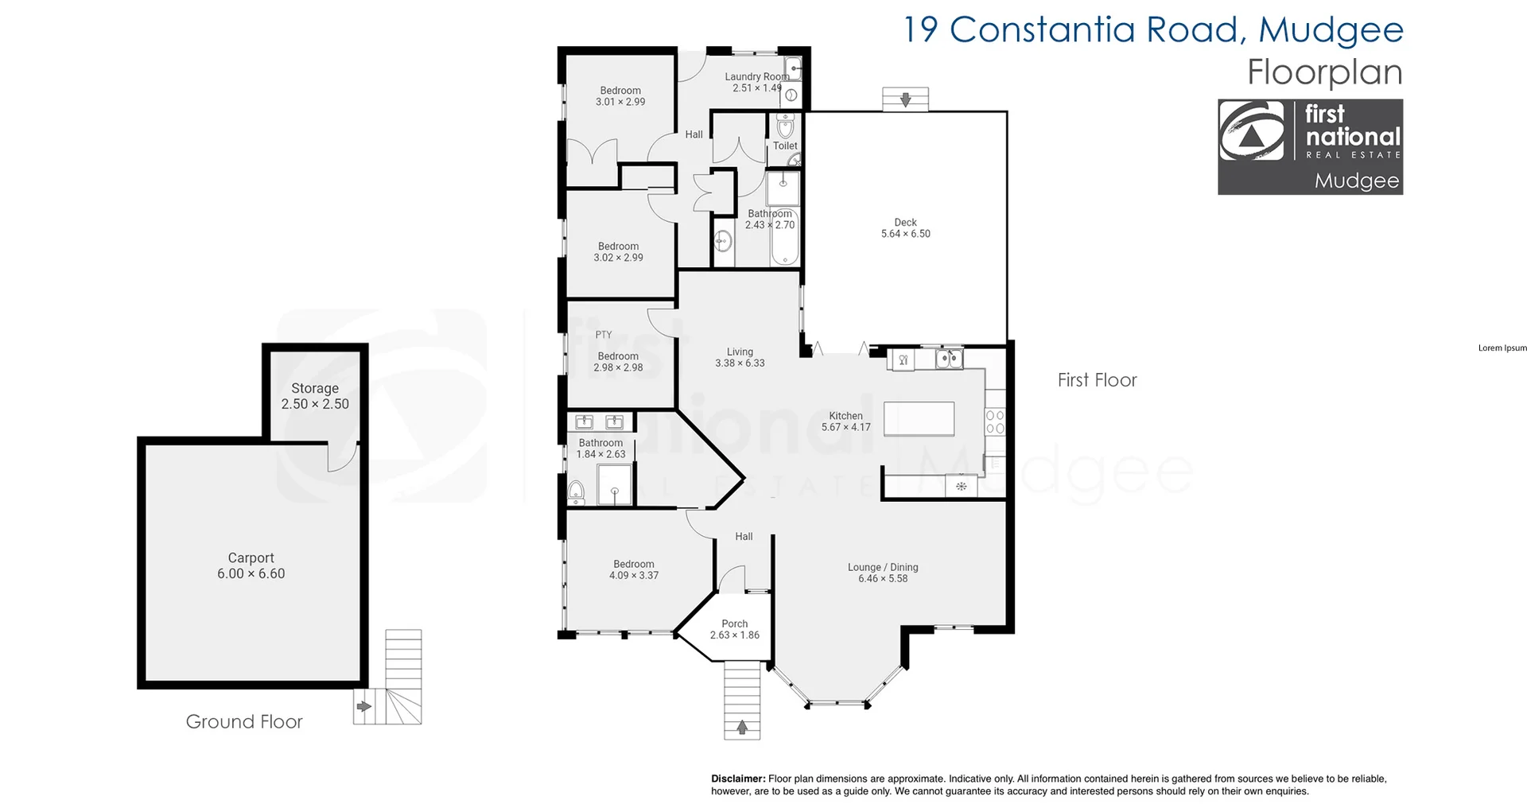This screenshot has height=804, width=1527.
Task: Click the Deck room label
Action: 905,223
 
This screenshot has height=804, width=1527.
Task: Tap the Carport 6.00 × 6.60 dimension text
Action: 251,573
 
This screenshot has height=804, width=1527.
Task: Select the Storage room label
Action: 314,388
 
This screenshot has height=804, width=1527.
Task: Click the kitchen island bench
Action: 919,419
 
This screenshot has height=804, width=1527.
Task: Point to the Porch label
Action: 734,623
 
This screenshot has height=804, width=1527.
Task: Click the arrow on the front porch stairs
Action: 742,726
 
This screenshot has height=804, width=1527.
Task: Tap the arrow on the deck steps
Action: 905,99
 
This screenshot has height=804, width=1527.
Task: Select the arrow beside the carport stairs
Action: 363,706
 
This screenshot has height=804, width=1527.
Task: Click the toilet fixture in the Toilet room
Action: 785,126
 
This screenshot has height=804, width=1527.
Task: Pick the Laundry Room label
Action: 756,77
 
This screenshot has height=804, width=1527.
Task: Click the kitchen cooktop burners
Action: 995,421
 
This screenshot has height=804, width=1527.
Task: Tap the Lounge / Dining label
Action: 882,567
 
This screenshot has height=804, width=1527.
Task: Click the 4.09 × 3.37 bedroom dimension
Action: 633,575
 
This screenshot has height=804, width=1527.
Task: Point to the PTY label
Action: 604,335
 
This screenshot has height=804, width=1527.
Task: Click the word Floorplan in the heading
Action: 1324,72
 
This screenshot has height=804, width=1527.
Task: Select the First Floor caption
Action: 1097,380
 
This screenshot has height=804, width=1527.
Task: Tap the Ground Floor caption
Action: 244,721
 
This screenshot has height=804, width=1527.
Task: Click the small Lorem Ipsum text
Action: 1502,348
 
